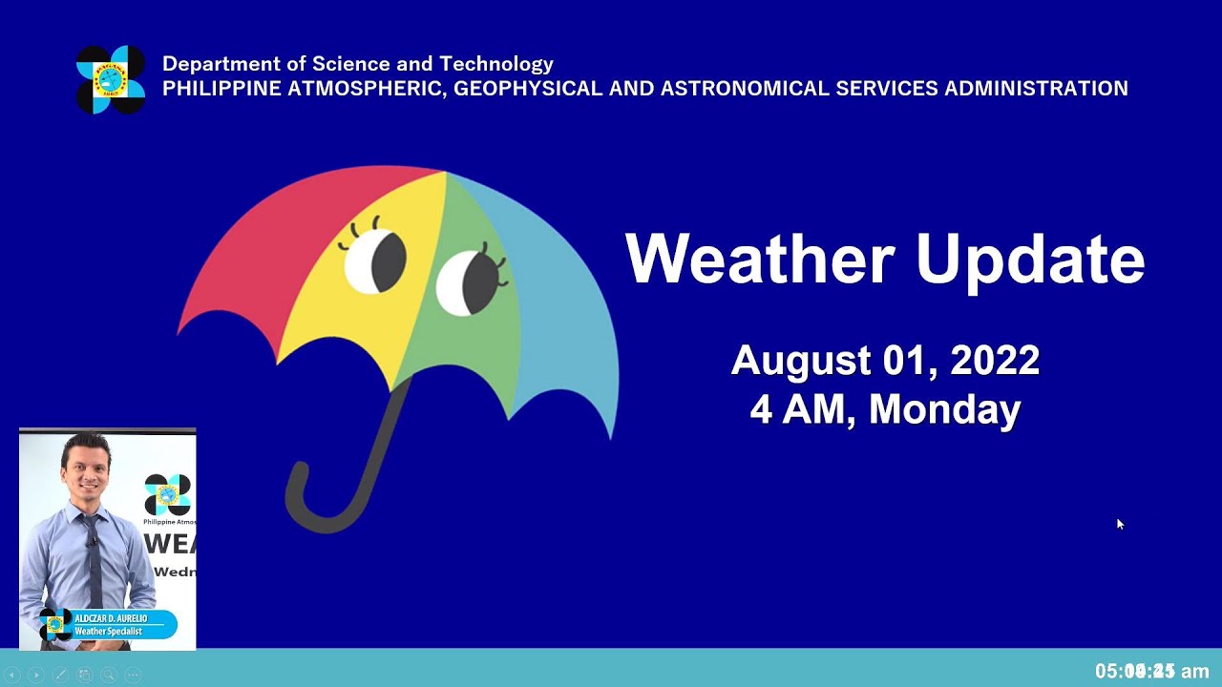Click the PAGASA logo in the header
tap(111, 79)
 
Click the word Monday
tap(944, 408)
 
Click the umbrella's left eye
tap(375, 260)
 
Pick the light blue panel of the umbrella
tap(563, 305)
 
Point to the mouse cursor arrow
tap(1119, 523)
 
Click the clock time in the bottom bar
tap(1151, 672)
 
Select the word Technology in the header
tap(496, 64)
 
